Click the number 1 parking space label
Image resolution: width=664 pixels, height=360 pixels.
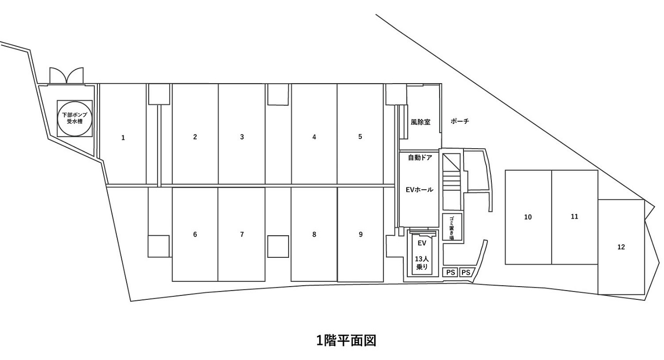(x=123, y=138)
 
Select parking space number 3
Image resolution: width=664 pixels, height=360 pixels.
(x=242, y=137)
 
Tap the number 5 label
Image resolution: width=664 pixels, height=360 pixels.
(x=360, y=137)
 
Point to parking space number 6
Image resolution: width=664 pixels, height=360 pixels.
(x=195, y=235)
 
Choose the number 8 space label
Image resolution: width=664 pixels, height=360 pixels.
(x=314, y=235)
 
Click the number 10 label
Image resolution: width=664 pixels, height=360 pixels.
(x=528, y=217)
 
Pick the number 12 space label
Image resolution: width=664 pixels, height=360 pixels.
(x=621, y=247)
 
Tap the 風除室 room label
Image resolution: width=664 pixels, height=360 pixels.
(x=421, y=122)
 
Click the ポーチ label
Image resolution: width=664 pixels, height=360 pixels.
(x=460, y=121)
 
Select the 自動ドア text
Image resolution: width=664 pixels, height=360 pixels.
(x=420, y=157)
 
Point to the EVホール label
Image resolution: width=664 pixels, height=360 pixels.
(x=420, y=190)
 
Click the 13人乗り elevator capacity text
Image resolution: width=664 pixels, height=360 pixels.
(x=421, y=263)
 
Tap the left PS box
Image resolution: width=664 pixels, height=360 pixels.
(x=450, y=272)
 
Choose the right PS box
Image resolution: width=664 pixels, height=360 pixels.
(x=466, y=272)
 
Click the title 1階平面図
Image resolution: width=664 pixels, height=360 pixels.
(x=346, y=340)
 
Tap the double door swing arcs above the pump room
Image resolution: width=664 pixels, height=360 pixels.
(x=66, y=75)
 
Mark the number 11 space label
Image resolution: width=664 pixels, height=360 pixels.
(x=575, y=216)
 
